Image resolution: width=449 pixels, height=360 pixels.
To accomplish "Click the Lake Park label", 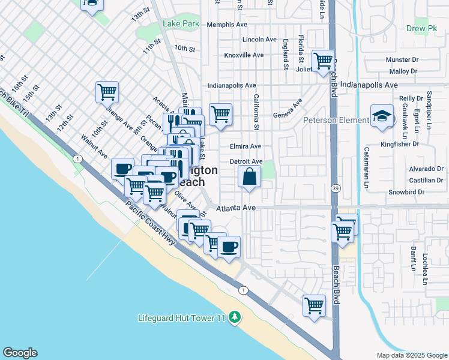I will (181, 24).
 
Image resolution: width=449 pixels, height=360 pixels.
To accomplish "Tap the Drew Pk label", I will (421, 28).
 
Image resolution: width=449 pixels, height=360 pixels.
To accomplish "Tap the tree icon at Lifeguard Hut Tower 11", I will (236, 317).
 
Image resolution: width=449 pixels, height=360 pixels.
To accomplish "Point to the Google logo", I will (20, 353).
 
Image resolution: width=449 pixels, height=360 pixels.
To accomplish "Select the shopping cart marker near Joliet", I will (323, 61).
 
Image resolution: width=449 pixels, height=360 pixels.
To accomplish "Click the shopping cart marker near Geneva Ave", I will (220, 113).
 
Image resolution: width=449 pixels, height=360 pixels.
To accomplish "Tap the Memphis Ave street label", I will (227, 25).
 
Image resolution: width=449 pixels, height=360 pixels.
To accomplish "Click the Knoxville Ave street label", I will (244, 55).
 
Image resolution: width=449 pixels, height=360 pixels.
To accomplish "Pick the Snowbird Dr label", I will (406, 193).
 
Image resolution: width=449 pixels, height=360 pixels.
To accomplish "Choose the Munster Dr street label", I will (402, 60).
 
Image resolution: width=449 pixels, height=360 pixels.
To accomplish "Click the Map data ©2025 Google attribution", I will (411, 355).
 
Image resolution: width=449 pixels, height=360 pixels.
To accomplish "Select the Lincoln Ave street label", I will (259, 40).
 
